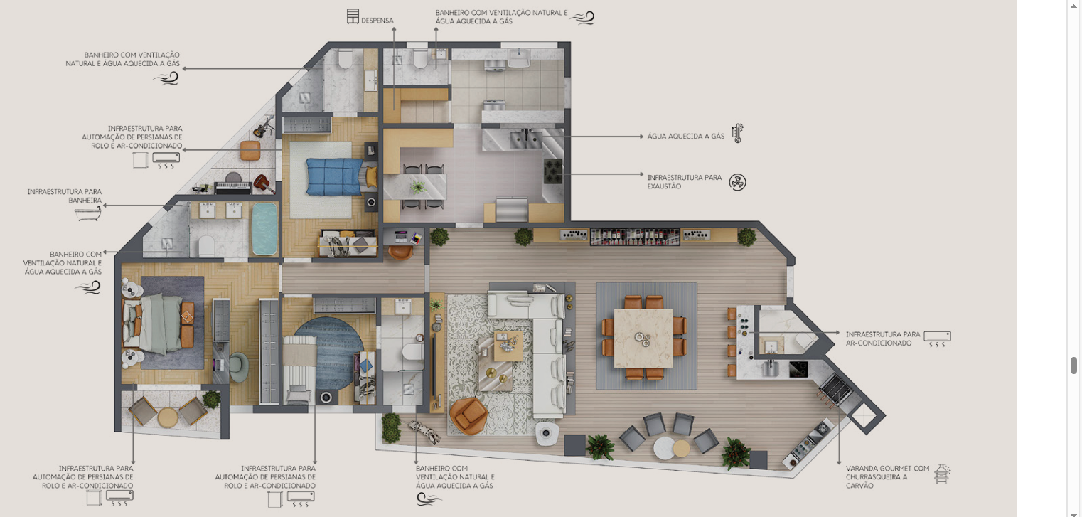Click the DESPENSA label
coord(377,21)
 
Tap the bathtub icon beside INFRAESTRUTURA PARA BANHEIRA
coord(88,213)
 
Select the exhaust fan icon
coord(737,182)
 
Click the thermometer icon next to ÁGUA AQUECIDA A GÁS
coord(737,133)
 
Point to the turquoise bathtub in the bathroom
coord(264,228)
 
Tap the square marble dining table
coord(644,339)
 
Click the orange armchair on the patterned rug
coord(468,415)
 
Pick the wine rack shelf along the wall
coord(635,237)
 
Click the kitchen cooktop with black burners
coord(554,171)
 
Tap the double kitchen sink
coord(526,139)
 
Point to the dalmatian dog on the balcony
coord(425,432)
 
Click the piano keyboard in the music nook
coord(233,186)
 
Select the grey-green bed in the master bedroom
coord(159,324)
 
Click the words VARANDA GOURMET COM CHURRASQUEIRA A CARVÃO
coord(887,477)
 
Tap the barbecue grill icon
coord(941,474)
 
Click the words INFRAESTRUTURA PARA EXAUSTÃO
coord(685,181)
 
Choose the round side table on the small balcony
coord(168,417)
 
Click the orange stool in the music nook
coord(250,150)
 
